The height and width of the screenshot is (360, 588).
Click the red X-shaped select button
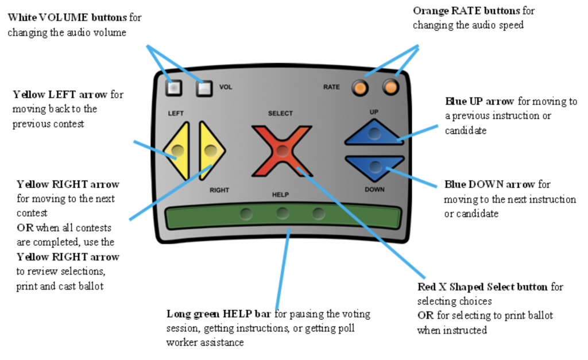click(282, 151)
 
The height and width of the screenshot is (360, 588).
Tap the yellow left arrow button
click(177, 151)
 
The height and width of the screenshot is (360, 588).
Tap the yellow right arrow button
click(211, 151)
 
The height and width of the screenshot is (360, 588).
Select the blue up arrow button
click(374, 134)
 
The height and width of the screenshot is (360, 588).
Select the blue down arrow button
click(376, 167)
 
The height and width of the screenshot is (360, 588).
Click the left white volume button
click(173, 88)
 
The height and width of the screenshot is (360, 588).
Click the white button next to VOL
click(204, 88)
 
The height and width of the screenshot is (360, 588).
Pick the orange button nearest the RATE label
click(360, 88)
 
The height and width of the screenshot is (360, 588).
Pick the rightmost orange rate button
click(390, 87)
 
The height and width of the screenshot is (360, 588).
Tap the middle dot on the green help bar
click(282, 214)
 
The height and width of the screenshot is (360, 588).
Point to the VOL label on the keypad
click(226, 88)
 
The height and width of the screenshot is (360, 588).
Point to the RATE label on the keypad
click(331, 87)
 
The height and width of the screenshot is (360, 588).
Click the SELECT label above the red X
click(280, 114)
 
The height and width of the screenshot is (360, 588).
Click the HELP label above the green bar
click(280, 195)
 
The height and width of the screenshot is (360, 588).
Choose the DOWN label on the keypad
click(374, 189)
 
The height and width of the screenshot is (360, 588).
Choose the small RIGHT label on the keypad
click(219, 189)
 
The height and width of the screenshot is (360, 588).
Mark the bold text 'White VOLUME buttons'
click(67, 17)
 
